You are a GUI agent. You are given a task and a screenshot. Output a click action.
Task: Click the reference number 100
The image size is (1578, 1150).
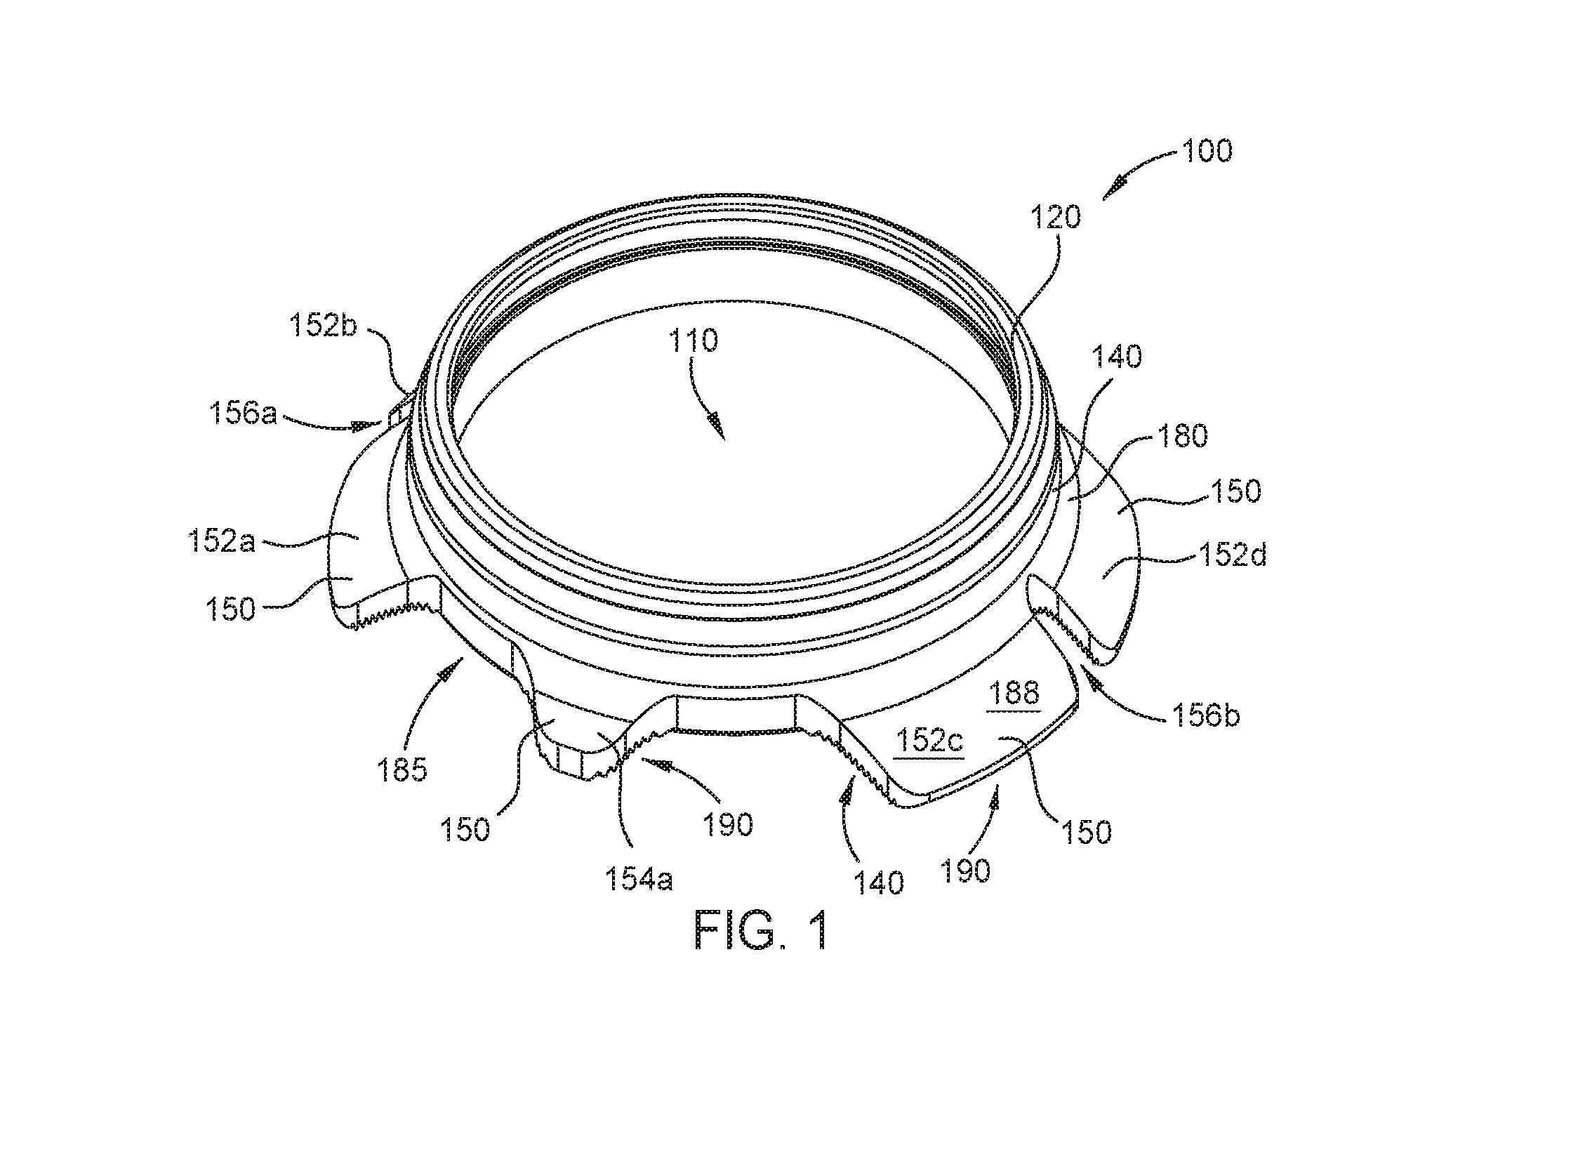click(x=1207, y=151)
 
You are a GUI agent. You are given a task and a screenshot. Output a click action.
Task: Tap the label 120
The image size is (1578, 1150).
click(x=1056, y=218)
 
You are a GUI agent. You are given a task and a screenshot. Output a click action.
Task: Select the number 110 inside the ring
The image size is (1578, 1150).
click(x=693, y=341)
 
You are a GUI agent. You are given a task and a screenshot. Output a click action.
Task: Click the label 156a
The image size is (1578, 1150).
click(x=243, y=416)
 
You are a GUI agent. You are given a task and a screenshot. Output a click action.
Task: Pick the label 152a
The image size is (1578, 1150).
click(x=221, y=542)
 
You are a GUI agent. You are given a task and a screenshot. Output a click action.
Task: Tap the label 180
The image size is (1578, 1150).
click(x=1181, y=437)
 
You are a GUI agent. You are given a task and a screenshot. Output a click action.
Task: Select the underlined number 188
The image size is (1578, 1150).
click(x=1014, y=694)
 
